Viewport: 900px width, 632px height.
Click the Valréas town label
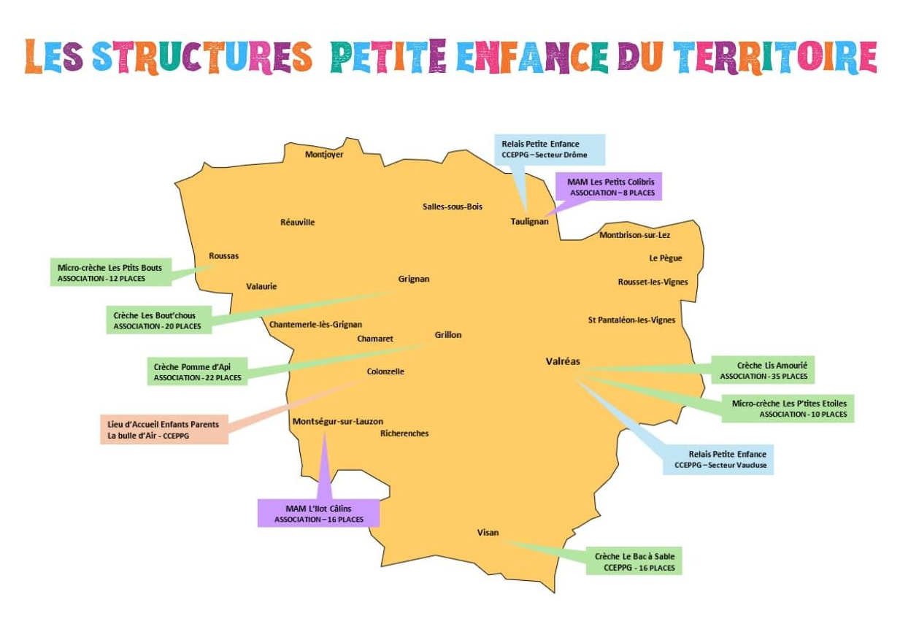(563, 361)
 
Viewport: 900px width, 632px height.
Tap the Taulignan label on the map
(529, 221)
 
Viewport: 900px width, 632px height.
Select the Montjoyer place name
(324, 154)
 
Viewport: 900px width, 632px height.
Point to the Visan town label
(488, 532)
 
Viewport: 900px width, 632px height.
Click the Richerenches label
(404, 433)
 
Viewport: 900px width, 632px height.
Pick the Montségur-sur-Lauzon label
(337, 421)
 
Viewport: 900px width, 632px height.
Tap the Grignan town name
(414, 279)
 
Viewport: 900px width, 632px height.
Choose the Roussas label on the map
(223, 255)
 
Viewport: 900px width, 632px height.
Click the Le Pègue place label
(665, 258)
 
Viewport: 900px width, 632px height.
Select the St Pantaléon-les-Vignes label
(631, 320)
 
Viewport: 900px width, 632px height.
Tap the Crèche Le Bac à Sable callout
(634, 561)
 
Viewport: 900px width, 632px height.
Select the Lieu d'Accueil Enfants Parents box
(164, 429)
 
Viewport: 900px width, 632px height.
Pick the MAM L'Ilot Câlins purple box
(319, 513)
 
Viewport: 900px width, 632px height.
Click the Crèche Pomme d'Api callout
(197, 371)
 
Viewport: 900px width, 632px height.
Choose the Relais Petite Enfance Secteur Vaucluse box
(718, 459)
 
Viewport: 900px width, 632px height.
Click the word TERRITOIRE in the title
(774, 57)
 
